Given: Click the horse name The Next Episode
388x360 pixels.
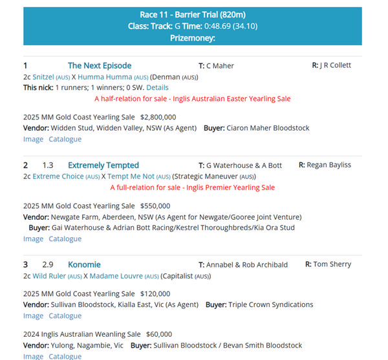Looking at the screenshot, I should [100, 65].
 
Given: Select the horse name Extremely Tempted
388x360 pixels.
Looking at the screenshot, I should [103, 165].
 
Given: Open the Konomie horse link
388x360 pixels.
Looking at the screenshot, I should [84, 264].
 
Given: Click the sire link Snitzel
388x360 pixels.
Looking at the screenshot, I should [43, 77].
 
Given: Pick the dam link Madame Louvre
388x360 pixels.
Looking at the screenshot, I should [113, 276].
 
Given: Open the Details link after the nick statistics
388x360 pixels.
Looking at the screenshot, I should [157, 87].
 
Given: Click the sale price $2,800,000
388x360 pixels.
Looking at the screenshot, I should [158, 117].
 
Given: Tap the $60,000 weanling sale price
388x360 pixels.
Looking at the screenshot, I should [158, 334].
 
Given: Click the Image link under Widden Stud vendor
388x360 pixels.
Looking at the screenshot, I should [34, 139].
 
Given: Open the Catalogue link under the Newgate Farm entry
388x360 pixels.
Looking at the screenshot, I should [65, 238].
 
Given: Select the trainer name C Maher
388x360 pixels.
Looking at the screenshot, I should [220, 65].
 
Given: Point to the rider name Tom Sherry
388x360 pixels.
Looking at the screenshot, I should [332, 264].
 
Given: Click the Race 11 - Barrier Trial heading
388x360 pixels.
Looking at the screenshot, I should [193, 15].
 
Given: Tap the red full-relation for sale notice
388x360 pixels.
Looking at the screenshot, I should [192, 187].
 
